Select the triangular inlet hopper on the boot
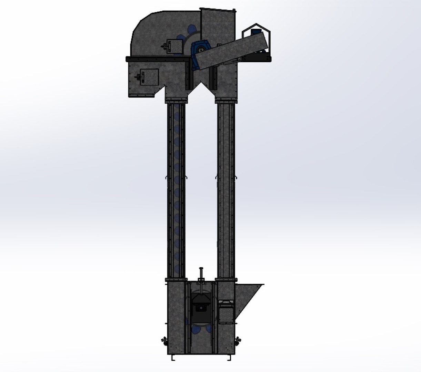[x=248, y=296]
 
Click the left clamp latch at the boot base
[x=163, y=341]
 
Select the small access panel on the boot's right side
[x=226, y=312]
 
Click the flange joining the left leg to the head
[x=176, y=101]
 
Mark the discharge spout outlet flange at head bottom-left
[x=141, y=96]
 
